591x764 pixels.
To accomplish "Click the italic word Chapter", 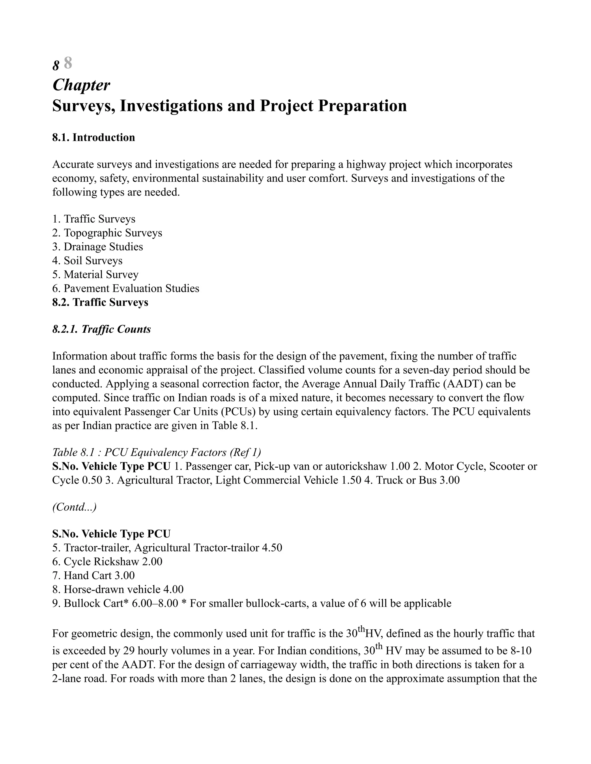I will point(81,85).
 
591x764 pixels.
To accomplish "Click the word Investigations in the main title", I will point(171,106).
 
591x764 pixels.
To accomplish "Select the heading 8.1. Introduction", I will point(93,138).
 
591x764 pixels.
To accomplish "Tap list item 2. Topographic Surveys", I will point(107,233).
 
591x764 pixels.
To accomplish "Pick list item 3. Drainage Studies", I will point(98,247).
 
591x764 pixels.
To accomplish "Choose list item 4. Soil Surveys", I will point(87,261).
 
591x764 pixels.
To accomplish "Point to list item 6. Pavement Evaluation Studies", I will point(126,289).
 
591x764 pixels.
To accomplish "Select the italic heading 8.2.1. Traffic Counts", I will point(102,330).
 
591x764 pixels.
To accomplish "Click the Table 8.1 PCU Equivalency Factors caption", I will point(156,453).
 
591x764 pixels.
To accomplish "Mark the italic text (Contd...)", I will point(74,507).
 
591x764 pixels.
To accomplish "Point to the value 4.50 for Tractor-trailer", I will point(272,548).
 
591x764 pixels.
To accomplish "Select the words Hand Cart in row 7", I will point(87,576).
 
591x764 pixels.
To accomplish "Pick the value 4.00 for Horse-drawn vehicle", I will point(173,590).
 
